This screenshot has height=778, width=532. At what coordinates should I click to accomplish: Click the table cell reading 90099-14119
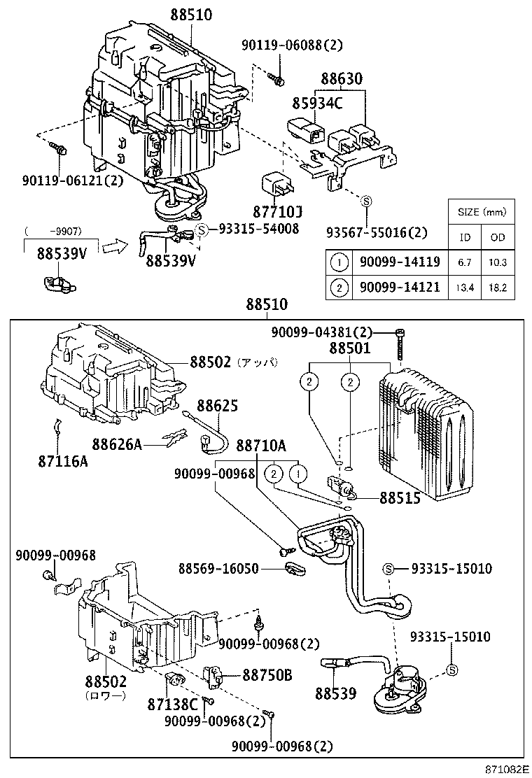(x=398, y=262)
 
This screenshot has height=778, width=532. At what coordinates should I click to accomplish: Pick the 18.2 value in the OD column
(x=498, y=288)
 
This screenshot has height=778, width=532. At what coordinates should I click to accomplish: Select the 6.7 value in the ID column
(x=465, y=262)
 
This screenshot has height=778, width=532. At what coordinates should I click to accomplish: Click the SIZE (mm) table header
(x=481, y=212)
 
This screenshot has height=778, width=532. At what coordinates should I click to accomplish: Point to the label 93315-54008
(x=258, y=229)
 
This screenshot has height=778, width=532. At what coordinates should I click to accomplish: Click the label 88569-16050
(x=220, y=569)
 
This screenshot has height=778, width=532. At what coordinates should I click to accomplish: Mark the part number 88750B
(x=268, y=675)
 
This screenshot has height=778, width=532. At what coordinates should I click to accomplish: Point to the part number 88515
(x=400, y=498)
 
